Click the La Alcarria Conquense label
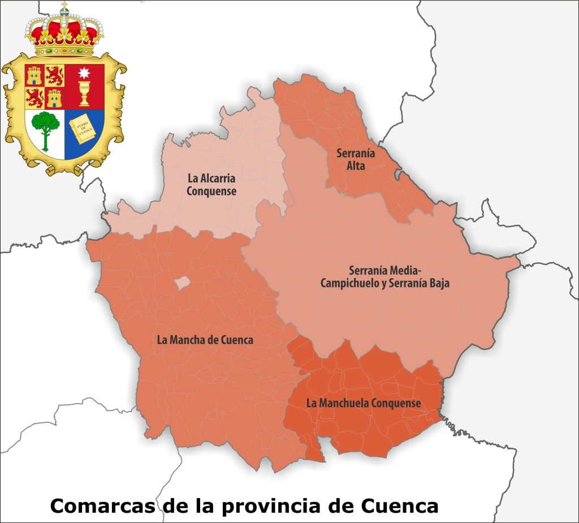click(x=211, y=184)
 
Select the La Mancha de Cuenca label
click(x=205, y=340)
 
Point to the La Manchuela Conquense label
click(x=363, y=403)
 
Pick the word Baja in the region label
click(x=438, y=284)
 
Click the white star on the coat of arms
click(x=85, y=73)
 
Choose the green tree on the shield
click(x=44, y=130)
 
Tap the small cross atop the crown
click(x=64, y=7)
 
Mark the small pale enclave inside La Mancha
click(x=181, y=282)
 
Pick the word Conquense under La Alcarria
click(x=211, y=191)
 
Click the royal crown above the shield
click(x=64, y=34)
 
